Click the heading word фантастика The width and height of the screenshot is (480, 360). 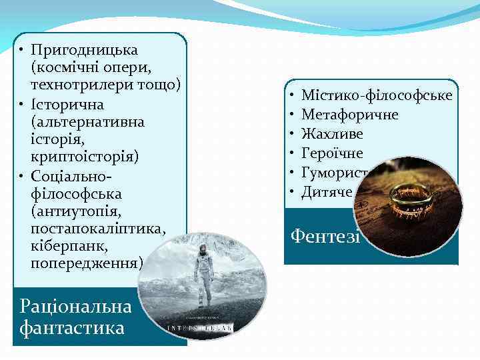(x=72, y=327)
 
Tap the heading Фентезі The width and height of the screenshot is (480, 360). (x=324, y=236)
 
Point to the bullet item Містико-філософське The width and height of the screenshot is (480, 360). (x=377, y=96)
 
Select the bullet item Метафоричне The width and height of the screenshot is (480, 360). (x=350, y=115)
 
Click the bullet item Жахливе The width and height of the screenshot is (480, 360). (x=332, y=135)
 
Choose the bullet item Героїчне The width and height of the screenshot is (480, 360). (x=332, y=154)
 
